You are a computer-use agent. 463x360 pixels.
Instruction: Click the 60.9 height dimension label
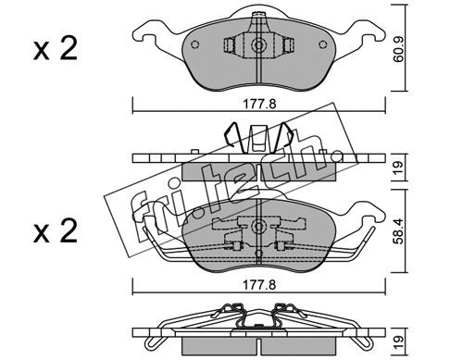coord(399,51)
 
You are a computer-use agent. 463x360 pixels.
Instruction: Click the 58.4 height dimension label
coord(399,231)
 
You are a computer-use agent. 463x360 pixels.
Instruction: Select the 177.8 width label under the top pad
coord(259,105)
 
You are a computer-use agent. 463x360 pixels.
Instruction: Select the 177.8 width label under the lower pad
coord(259,285)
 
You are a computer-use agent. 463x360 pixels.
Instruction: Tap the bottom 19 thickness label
coord(399,341)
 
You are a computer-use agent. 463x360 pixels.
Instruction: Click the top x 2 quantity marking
coord(56,49)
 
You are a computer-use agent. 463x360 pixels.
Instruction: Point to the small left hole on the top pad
coord(195,44)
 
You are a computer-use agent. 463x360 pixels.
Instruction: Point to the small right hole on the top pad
coord(323,44)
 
